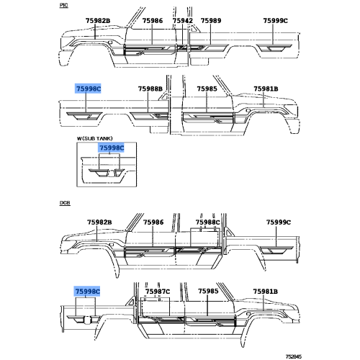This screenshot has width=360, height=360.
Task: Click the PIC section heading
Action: (x=63, y=5)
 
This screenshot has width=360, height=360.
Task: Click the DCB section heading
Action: (x=65, y=203)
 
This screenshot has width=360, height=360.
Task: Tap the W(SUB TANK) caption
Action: (x=94, y=138)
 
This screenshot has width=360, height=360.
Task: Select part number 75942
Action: (x=183, y=21)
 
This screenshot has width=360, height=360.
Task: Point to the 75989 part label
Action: (x=211, y=21)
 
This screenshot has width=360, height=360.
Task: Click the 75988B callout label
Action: (x=150, y=89)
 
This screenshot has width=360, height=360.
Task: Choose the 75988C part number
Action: (x=207, y=222)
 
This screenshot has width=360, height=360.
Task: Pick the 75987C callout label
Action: (x=158, y=292)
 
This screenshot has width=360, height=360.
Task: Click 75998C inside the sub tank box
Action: (x=112, y=148)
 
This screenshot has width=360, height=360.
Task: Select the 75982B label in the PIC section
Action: (x=98, y=21)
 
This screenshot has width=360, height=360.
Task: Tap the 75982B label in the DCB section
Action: (x=99, y=222)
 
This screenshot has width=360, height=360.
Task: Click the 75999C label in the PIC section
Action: (x=275, y=21)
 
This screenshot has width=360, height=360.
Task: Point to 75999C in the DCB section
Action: (x=279, y=222)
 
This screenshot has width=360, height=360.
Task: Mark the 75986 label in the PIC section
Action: (x=153, y=21)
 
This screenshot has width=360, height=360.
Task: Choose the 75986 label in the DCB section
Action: (x=153, y=222)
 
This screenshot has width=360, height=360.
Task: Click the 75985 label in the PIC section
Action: (x=207, y=89)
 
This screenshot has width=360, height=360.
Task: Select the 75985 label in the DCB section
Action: (x=208, y=291)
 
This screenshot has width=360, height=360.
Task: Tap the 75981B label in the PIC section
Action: (x=266, y=89)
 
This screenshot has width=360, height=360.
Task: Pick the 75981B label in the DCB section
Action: (x=266, y=292)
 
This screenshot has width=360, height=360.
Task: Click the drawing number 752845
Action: (x=294, y=356)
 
